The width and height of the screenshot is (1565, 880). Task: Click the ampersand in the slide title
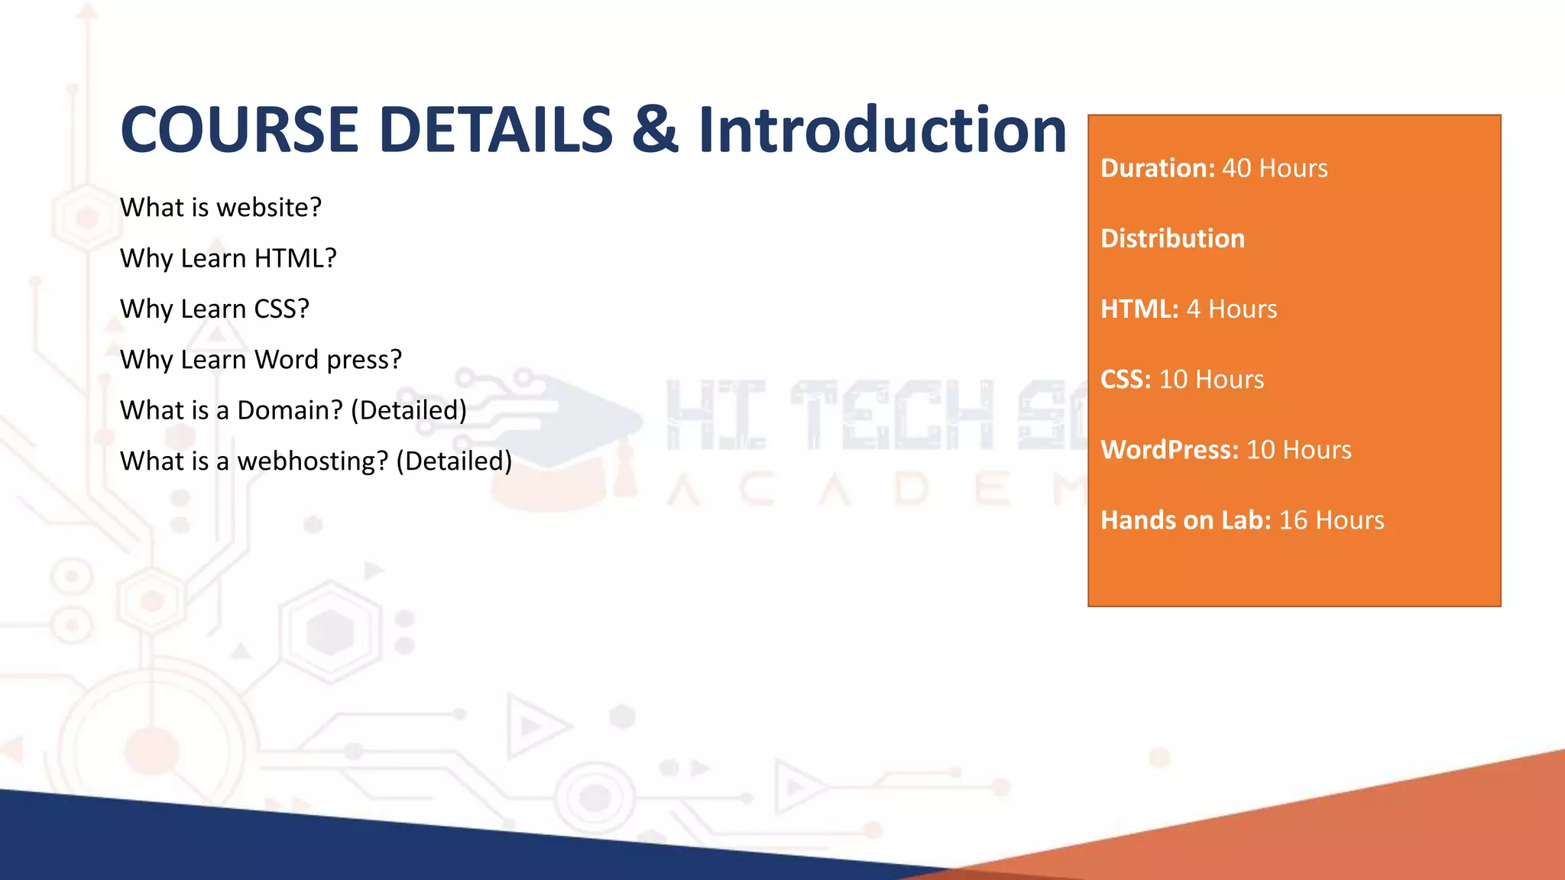[655, 130]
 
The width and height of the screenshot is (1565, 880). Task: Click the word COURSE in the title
[239, 130]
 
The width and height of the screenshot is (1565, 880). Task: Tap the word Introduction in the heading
[883, 130]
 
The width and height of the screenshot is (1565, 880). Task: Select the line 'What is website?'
[221, 207]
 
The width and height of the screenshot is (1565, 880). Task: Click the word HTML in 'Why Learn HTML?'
[295, 258]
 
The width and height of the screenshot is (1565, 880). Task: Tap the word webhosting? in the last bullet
[313, 461]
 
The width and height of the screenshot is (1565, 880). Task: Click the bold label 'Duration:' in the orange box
[1157, 168]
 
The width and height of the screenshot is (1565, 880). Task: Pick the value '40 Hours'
[1275, 168]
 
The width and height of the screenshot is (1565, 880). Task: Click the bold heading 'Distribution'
[1172, 238]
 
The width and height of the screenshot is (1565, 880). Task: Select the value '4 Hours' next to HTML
[1231, 309]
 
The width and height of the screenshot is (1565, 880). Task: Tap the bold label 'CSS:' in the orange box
[1125, 379]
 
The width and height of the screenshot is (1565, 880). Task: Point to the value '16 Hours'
[1331, 520]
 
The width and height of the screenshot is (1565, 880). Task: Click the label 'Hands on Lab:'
[1185, 520]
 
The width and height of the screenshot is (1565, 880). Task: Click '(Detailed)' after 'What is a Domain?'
[409, 410]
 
